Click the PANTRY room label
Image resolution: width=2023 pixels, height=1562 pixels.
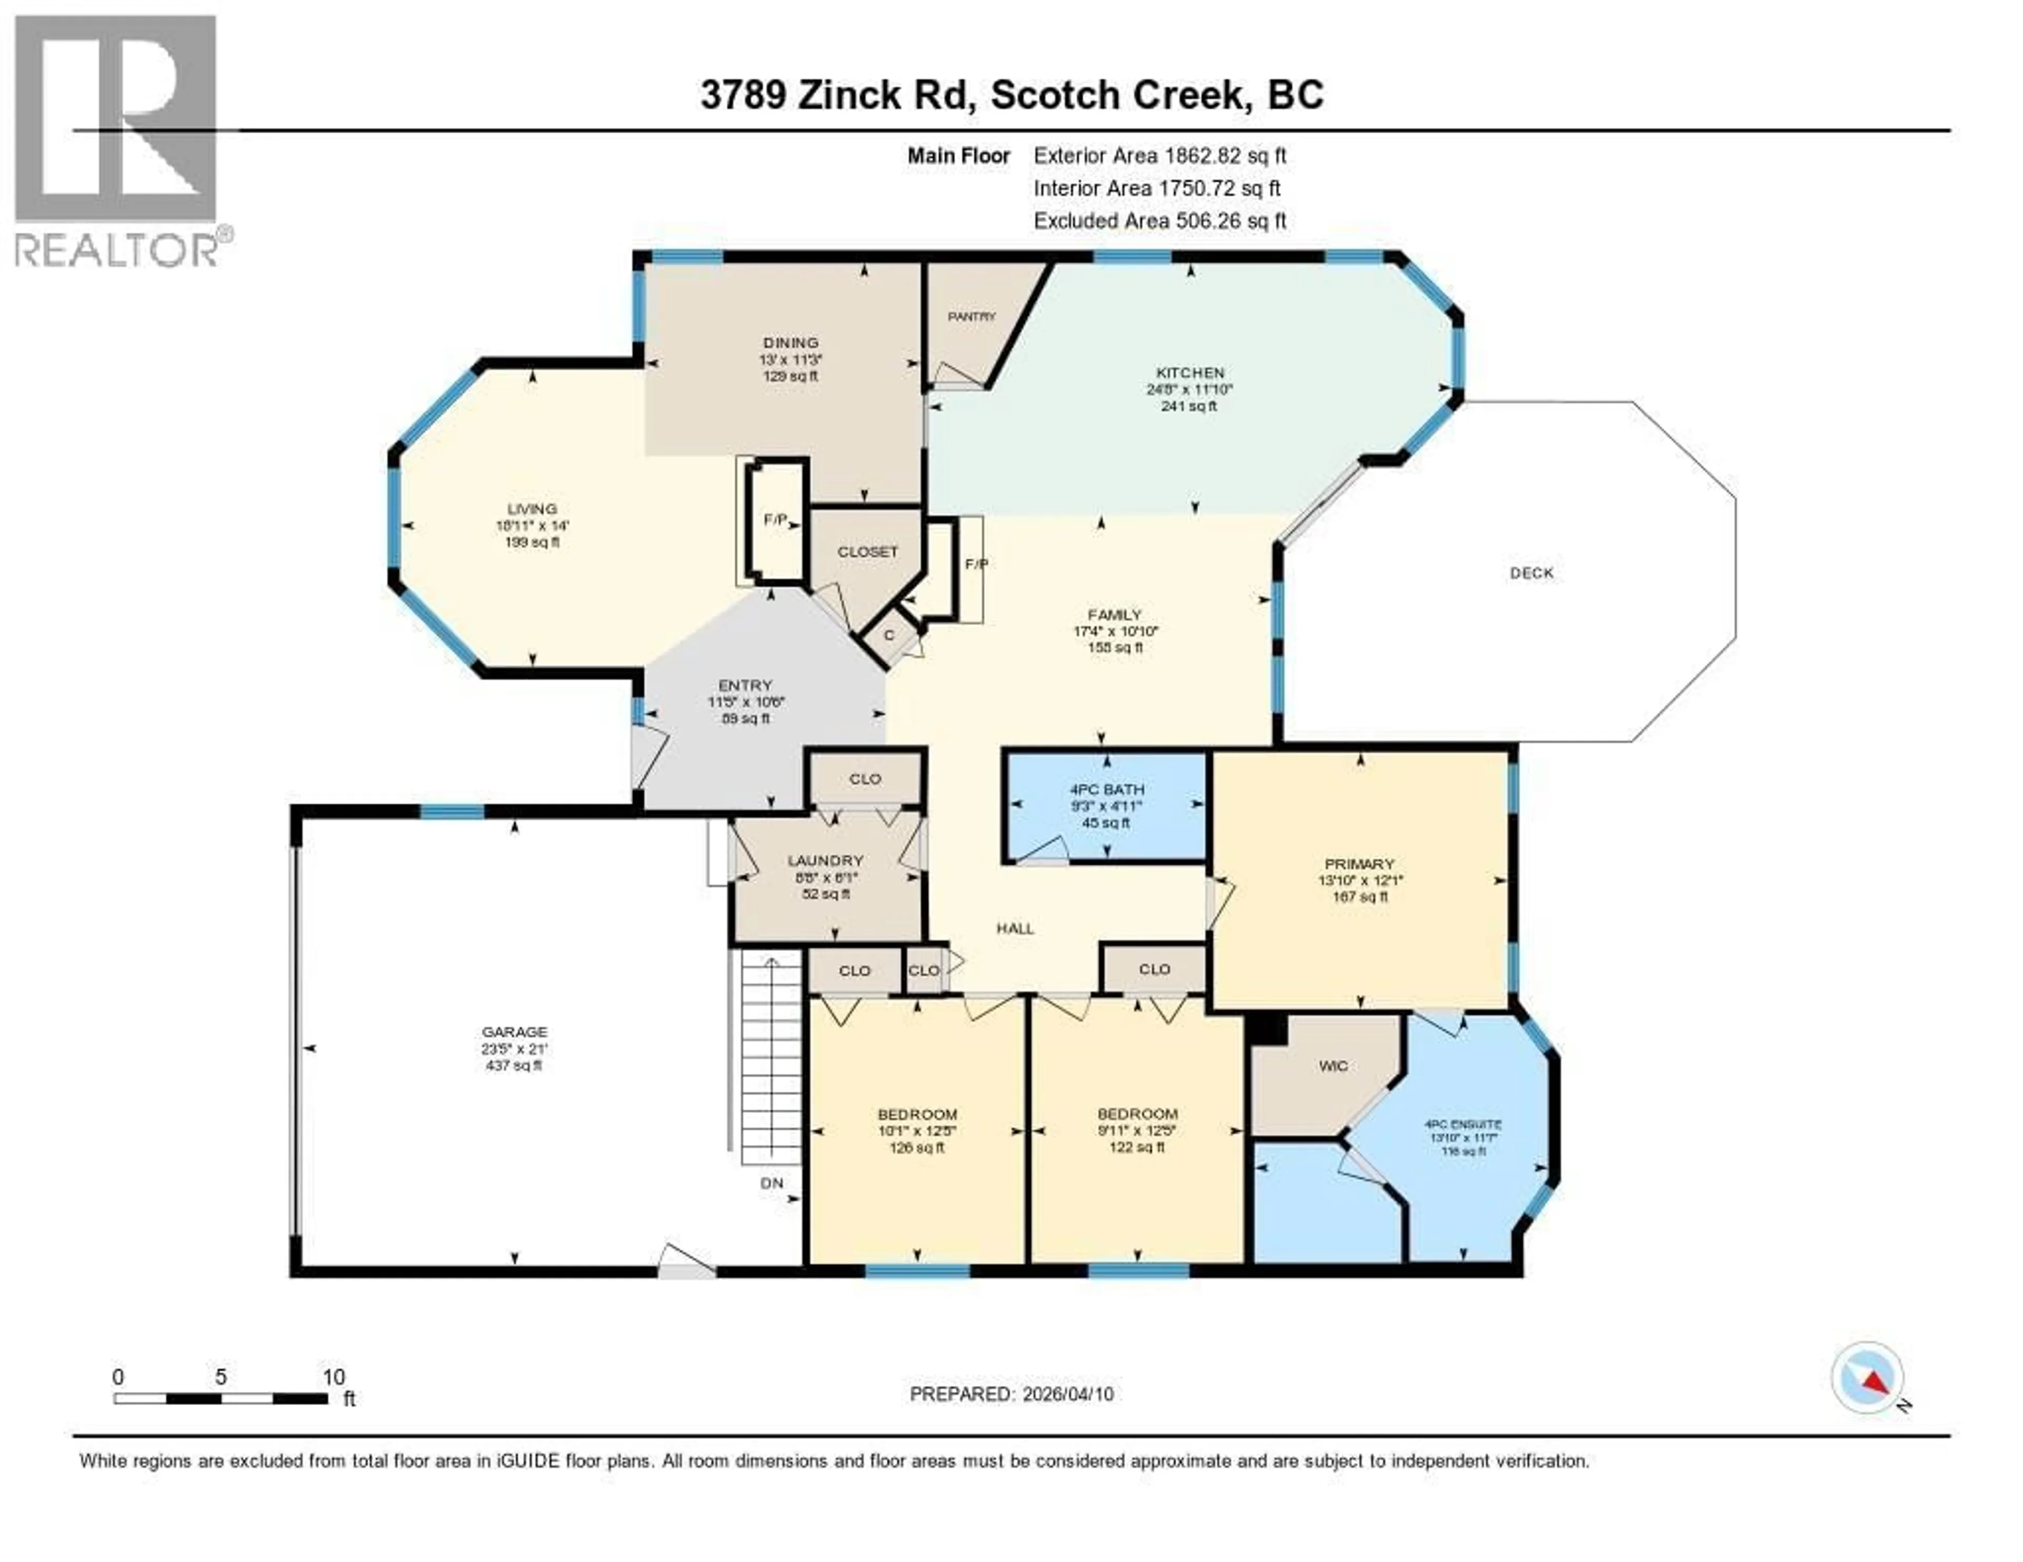coord(971,317)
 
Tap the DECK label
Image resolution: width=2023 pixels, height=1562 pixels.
coord(1531,573)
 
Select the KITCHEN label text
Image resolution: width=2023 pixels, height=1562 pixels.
coord(1190,372)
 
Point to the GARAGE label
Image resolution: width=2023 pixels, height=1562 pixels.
coord(514,1032)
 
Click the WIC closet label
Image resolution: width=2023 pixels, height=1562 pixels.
coord(1333,1066)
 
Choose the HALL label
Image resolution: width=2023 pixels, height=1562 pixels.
coord(1015,928)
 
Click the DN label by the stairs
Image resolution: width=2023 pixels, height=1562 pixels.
coord(772,1183)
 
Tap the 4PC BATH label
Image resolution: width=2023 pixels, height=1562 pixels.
coord(1107,790)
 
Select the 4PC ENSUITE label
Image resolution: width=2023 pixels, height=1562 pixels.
coord(1464,1124)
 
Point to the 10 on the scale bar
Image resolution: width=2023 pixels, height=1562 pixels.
coord(333,1377)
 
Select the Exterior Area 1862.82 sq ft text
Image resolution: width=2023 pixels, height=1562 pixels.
coord(1160,155)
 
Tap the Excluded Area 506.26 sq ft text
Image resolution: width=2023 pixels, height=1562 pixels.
coord(1160,220)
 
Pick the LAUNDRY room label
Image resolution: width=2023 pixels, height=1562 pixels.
coord(826,860)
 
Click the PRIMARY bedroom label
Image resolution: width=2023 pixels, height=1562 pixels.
coord(1359,864)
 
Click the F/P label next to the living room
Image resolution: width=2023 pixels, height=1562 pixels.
coord(774,520)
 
